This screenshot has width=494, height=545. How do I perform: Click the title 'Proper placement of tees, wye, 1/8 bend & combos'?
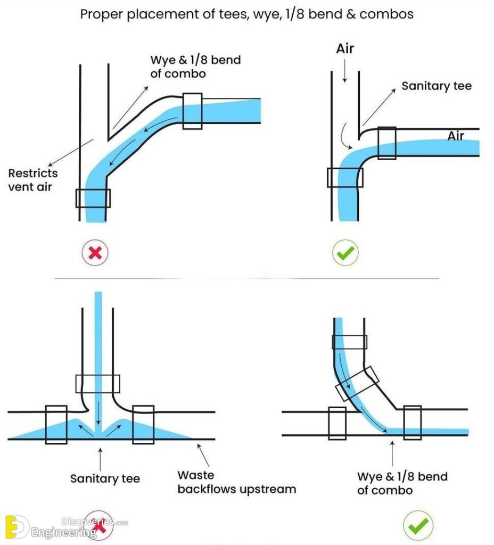(x=246, y=14)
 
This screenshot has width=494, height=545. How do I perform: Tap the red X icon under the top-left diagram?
(x=95, y=253)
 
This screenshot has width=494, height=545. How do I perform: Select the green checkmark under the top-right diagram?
(x=345, y=253)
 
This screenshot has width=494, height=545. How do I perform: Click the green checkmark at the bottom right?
(x=418, y=526)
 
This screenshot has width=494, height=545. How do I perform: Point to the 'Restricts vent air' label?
(x=33, y=180)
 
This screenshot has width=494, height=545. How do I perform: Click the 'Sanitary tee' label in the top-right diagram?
(x=436, y=86)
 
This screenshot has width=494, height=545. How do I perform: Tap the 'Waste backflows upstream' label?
(x=236, y=482)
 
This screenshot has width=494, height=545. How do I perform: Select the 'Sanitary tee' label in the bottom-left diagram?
(x=105, y=478)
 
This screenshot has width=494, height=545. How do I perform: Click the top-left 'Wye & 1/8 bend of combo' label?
(x=195, y=67)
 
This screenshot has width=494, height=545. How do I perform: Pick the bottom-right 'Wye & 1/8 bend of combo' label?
(x=402, y=482)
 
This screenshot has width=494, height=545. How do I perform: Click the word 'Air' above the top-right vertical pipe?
(x=345, y=49)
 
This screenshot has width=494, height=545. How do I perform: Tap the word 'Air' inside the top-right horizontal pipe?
(x=456, y=136)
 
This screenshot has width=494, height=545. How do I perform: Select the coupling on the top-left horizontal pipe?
(x=192, y=111)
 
